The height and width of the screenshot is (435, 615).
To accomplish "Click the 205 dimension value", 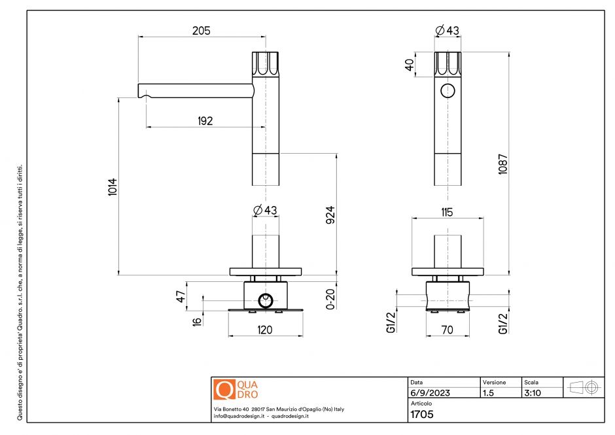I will point(201,31).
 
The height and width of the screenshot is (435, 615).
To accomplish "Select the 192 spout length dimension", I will point(203,120).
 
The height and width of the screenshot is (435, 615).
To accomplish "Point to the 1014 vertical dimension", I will point(113,188).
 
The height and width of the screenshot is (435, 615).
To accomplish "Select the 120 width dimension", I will point(265,330).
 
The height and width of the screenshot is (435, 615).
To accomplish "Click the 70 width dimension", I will point(448,330).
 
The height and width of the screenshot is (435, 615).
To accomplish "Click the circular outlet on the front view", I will point(448,91).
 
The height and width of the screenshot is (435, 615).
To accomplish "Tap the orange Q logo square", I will point(224,390).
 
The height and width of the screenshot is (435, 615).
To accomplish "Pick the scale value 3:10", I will point(533,393).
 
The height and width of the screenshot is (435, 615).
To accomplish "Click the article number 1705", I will point(422,414).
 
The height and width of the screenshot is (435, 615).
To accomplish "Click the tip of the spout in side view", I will point(139,90).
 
